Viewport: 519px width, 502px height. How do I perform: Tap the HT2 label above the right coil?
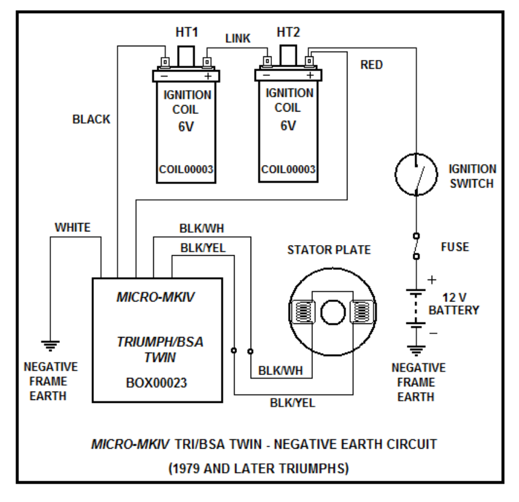288,31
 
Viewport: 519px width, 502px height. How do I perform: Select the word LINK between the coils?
238,39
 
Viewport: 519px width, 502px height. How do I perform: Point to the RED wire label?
372,65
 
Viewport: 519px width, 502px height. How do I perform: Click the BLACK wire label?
91,119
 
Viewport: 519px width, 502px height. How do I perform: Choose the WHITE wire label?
72,227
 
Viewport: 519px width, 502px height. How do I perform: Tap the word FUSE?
454,246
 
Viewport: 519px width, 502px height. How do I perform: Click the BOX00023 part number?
157,383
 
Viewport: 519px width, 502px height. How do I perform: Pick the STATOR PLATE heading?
329,250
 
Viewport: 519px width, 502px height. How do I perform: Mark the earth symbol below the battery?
416,350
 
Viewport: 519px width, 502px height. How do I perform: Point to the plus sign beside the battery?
432,279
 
